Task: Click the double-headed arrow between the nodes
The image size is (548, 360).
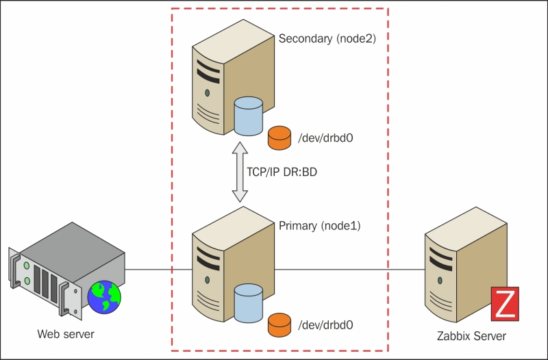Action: coord(239,172)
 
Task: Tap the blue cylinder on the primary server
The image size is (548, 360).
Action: coord(248,303)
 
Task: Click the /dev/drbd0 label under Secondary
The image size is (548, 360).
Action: coord(325,138)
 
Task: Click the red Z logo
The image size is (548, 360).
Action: coord(506,303)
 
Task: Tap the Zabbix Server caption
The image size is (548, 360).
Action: coord(471,336)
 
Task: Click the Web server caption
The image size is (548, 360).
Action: coord(66,334)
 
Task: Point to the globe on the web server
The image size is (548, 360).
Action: coord(104,295)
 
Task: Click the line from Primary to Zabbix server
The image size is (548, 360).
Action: coord(349,269)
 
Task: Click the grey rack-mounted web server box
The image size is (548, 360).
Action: coord(62,267)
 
